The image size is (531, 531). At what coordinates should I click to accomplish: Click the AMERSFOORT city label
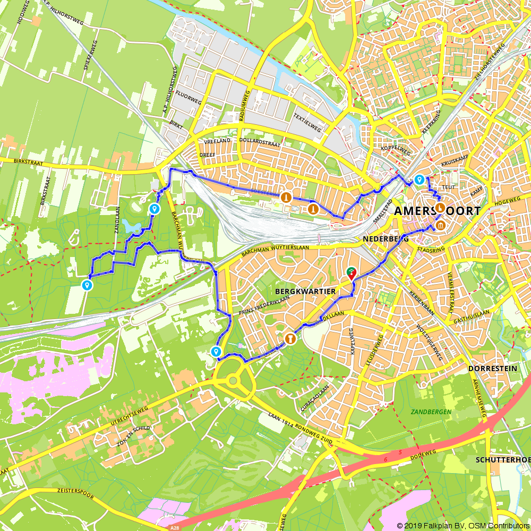[437, 211]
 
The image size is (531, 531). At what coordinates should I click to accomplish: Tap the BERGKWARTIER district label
[305, 292]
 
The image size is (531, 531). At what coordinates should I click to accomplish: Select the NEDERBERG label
[386, 239]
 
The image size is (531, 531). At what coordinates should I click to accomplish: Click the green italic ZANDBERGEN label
[431, 412]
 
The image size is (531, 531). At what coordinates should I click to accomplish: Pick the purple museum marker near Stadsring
[441, 227]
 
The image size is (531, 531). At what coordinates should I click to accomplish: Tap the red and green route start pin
[352, 273]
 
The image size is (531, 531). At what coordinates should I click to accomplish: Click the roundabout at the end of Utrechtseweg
[233, 380]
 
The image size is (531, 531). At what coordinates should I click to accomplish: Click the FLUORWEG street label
[191, 98]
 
